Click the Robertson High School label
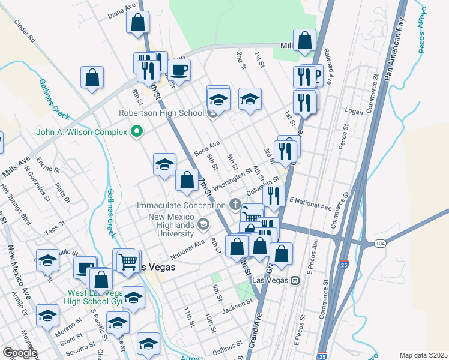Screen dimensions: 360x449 tap(161, 112)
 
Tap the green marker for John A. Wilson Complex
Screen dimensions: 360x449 tap(137, 132)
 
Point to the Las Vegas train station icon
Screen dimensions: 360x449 tap(295, 281)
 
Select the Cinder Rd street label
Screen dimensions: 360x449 tap(25, 32)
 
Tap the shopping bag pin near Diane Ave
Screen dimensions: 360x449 tap(138, 23)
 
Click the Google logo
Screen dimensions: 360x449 tap(20, 353)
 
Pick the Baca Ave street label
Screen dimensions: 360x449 tap(207, 146)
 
